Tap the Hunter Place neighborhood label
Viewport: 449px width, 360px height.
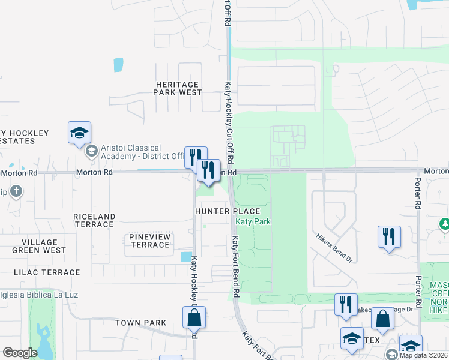coord(228,211)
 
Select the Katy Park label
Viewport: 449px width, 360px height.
coord(253,222)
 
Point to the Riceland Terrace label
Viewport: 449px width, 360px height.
coord(94,220)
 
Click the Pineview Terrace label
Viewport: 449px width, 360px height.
coord(149,241)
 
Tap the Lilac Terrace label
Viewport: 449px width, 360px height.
coord(47,272)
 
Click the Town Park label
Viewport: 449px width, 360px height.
coord(140,323)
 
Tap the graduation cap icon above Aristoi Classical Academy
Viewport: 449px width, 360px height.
coord(79,133)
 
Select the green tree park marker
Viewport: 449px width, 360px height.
coord(444,224)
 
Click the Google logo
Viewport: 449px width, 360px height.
coord(20,352)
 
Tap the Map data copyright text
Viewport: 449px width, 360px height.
coord(423,355)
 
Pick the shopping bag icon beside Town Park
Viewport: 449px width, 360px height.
coord(194,317)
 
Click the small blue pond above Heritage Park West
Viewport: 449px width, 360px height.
coord(118,65)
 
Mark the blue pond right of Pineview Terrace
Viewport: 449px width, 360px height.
coord(185,257)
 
